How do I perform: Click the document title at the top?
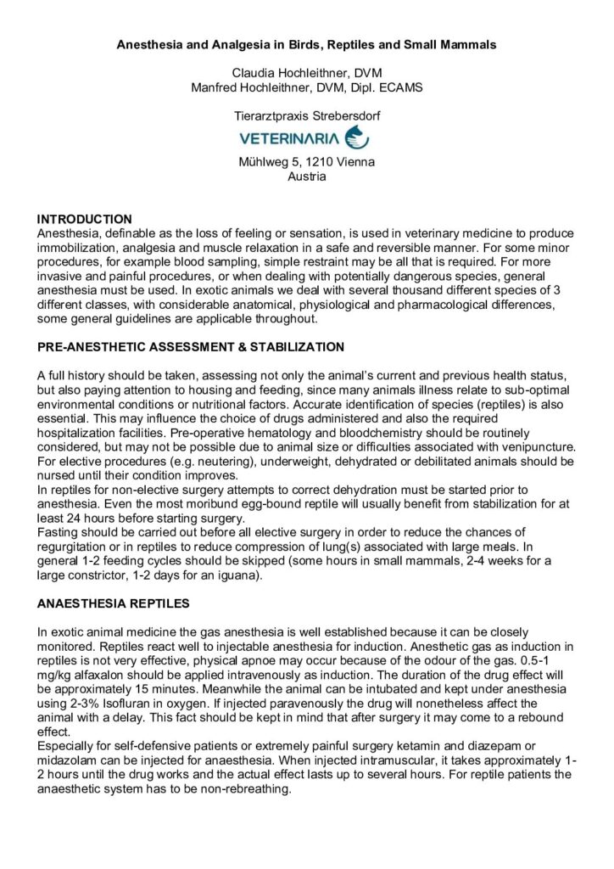[x=306, y=43]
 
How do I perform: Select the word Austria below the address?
[x=306, y=177]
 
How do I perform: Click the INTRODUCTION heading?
[x=85, y=219]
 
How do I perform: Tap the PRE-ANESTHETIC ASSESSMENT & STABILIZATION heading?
[x=191, y=347]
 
